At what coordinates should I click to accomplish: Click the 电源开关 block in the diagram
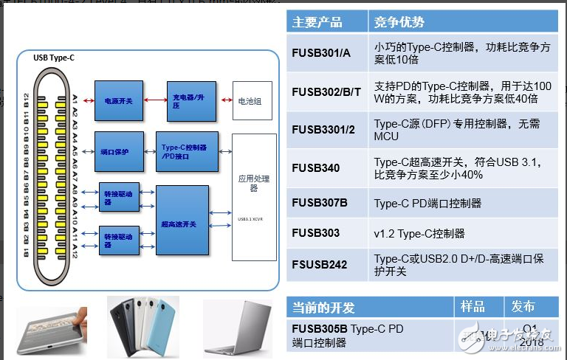[x=119, y=100]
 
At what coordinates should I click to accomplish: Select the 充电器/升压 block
[x=191, y=101]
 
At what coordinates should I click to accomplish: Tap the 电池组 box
[x=248, y=100]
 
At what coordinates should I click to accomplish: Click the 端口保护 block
[x=119, y=150]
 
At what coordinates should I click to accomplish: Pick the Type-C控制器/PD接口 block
[x=186, y=150]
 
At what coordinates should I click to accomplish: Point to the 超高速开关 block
[x=182, y=221]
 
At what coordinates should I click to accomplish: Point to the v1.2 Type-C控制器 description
[x=419, y=233]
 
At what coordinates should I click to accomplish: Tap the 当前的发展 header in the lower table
[x=324, y=306]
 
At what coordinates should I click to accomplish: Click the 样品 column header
[x=472, y=306]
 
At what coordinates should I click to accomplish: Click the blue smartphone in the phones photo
[x=163, y=325]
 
